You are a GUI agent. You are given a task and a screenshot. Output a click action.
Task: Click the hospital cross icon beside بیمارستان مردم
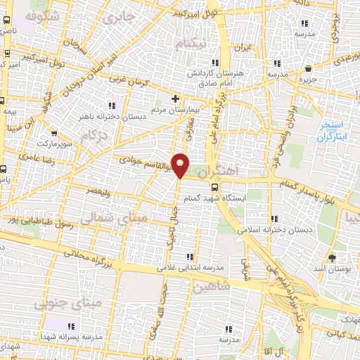(175, 98)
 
